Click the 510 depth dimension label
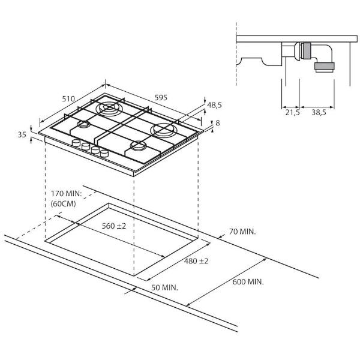coord(68,99)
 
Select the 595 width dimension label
coord(161,98)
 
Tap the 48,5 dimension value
coord(214,105)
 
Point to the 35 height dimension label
coord(22,134)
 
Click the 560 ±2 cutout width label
coord(114,226)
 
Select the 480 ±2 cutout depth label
coord(196,261)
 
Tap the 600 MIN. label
coord(248,282)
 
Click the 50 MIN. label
coord(164,287)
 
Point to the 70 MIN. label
coord(242,232)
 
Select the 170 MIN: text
coord(67,194)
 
